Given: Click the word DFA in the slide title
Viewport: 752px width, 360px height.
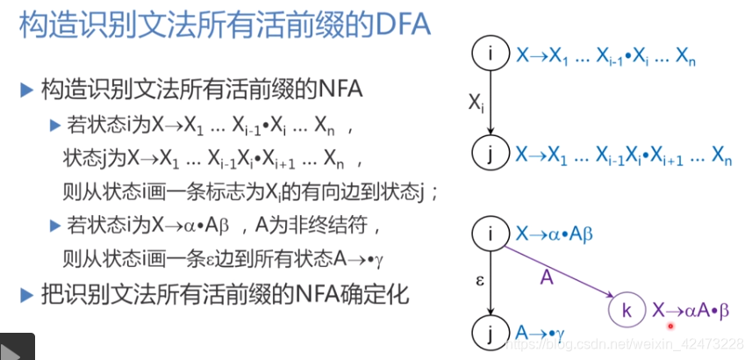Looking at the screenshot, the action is [397, 25].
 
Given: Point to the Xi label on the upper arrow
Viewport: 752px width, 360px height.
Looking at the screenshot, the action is [475, 103].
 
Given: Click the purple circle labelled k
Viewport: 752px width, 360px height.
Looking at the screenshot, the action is [626, 309].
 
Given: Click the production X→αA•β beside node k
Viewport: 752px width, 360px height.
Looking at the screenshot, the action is [691, 310].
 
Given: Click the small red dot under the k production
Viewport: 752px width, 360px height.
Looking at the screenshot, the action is [670, 325].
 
